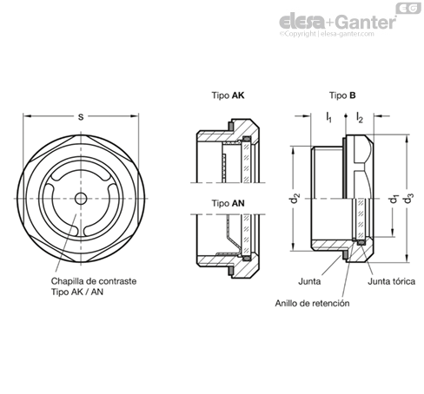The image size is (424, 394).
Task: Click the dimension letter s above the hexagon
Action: tap(81, 117)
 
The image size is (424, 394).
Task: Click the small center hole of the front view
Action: tap(81, 199)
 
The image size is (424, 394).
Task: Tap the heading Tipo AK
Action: tap(228, 95)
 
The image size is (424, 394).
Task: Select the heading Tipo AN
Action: tap(228, 203)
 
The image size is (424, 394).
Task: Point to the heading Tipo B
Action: tap(342, 95)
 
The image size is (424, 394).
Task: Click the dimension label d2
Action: tap(295, 199)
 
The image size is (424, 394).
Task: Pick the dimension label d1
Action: tap(394, 199)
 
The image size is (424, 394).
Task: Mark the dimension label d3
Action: tap(408, 199)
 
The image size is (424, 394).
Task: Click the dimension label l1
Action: tap(328, 117)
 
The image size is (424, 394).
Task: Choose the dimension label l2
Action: tap(360, 117)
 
